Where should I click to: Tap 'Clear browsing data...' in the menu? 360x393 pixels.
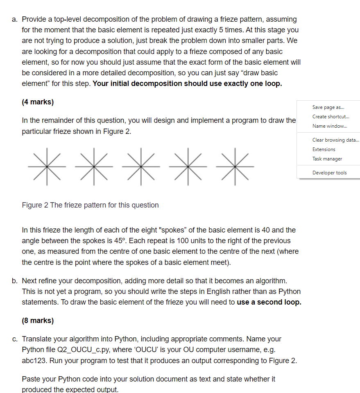335,140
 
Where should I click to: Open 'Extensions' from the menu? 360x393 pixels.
324,149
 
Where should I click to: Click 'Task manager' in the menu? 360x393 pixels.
327,159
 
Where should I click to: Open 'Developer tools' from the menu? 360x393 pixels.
329,173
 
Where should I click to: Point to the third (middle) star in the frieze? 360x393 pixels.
142,167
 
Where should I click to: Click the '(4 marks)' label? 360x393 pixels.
38,102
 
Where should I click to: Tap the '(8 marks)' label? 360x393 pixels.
38,321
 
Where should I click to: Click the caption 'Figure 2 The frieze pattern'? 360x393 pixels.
90,205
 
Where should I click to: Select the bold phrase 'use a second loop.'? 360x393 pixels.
269,302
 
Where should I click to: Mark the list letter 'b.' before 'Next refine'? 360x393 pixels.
15,281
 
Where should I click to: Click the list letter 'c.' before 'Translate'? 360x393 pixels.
15,339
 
